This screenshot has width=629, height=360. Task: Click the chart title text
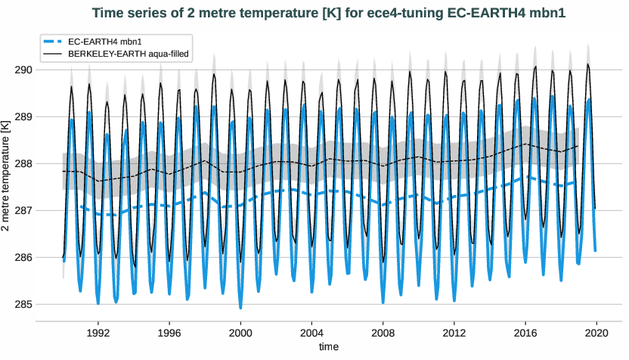pyautogui.click(x=328, y=13)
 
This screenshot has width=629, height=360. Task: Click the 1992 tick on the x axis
pyautogui.click(x=98, y=332)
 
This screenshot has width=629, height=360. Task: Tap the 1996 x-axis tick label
pyautogui.click(x=169, y=332)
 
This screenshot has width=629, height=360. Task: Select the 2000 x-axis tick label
pyautogui.click(x=240, y=332)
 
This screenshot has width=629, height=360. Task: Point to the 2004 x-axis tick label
pyautogui.click(x=311, y=332)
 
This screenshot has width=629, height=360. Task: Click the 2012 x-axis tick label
pyautogui.click(x=454, y=332)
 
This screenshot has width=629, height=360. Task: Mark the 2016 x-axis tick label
pyautogui.click(x=525, y=332)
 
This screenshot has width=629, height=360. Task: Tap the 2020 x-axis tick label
pyautogui.click(x=596, y=332)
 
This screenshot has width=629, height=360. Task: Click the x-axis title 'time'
pyautogui.click(x=328, y=346)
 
